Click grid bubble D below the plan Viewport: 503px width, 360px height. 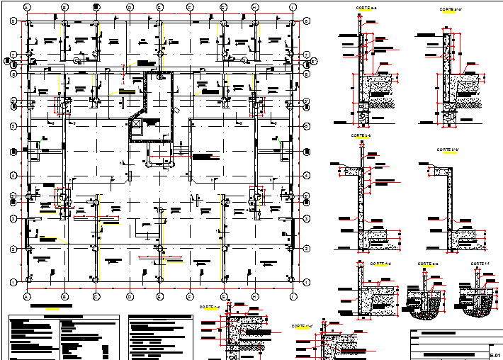(130, 296)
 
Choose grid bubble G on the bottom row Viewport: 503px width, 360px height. (224, 296)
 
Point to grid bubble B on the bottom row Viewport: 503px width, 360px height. (64, 296)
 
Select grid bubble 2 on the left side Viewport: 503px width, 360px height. (13, 249)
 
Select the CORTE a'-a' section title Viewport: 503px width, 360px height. (451, 9)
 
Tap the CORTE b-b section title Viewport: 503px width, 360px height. (361, 135)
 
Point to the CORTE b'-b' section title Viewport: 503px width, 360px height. (448, 150)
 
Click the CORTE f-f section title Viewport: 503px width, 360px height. (480, 264)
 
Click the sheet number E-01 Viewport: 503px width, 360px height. (495, 354)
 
